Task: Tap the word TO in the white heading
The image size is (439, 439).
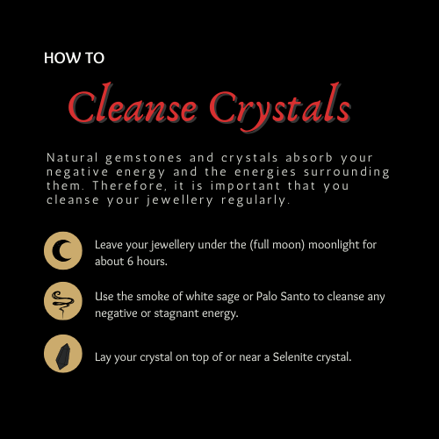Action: click(x=95, y=58)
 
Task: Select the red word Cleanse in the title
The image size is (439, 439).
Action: click(x=133, y=104)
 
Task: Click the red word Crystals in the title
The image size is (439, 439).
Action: click(x=280, y=107)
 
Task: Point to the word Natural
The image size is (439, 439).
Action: click(x=72, y=158)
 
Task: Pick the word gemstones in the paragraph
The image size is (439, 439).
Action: click(x=144, y=159)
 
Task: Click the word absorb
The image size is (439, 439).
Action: click(x=309, y=157)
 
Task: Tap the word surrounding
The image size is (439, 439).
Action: click(x=347, y=173)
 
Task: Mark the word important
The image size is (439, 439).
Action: click(x=245, y=187)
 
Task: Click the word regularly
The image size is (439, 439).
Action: click(x=255, y=201)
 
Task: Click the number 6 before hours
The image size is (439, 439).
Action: click(x=130, y=262)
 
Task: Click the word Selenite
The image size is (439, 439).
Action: click(x=292, y=357)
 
